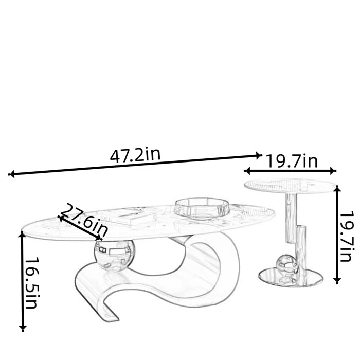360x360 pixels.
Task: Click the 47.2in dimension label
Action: [x=135, y=155]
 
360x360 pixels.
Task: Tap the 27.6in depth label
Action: [x=85, y=220]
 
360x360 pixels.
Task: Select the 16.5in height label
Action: [x=32, y=283]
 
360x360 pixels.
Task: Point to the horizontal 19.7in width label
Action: [x=292, y=161]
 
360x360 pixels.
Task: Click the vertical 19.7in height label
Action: [x=346, y=237]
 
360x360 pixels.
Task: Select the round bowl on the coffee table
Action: [x=202, y=208]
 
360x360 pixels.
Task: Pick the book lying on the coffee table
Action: [x=129, y=218]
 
